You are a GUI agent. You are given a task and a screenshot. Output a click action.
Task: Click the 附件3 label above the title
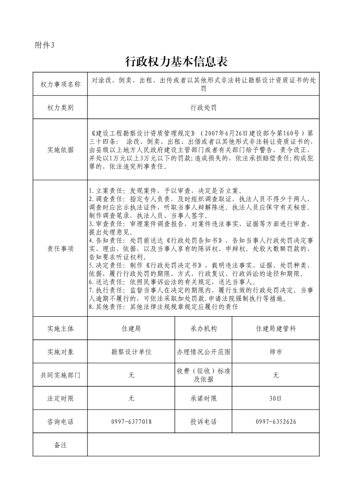click(x=44, y=45)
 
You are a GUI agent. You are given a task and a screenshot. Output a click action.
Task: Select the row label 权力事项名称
click(x=60, y=84)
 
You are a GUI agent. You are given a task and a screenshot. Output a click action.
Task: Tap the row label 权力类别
click(x=60, y=107)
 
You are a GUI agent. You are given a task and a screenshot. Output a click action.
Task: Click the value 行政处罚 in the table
click(x=204, y=107)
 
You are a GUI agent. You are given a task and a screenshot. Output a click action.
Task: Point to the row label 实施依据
click(x=60, y=150)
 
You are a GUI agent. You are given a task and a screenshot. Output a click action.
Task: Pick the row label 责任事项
click(x=60, y=249)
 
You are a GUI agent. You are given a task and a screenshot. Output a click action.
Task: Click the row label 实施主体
click(x=60, y=328)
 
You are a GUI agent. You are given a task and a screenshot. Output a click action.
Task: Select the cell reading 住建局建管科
click(x=276, y=328)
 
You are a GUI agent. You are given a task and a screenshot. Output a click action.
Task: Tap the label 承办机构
click(x=204, y=328)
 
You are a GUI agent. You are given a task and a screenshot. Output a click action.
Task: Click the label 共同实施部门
click(x=60, y=375)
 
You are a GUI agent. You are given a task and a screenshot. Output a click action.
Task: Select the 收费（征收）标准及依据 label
click(x=204, y=375)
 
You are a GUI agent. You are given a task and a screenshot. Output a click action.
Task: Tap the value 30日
click(x=276, y=399)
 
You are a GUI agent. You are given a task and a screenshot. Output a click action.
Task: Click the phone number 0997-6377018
click(x=131, y=422)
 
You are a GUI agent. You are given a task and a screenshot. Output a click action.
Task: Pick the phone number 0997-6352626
click(x=276, y=422)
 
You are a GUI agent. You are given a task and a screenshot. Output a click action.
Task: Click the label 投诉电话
click(x=204, y=422)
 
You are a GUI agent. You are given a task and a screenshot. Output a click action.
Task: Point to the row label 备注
click(x=60, y=445)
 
